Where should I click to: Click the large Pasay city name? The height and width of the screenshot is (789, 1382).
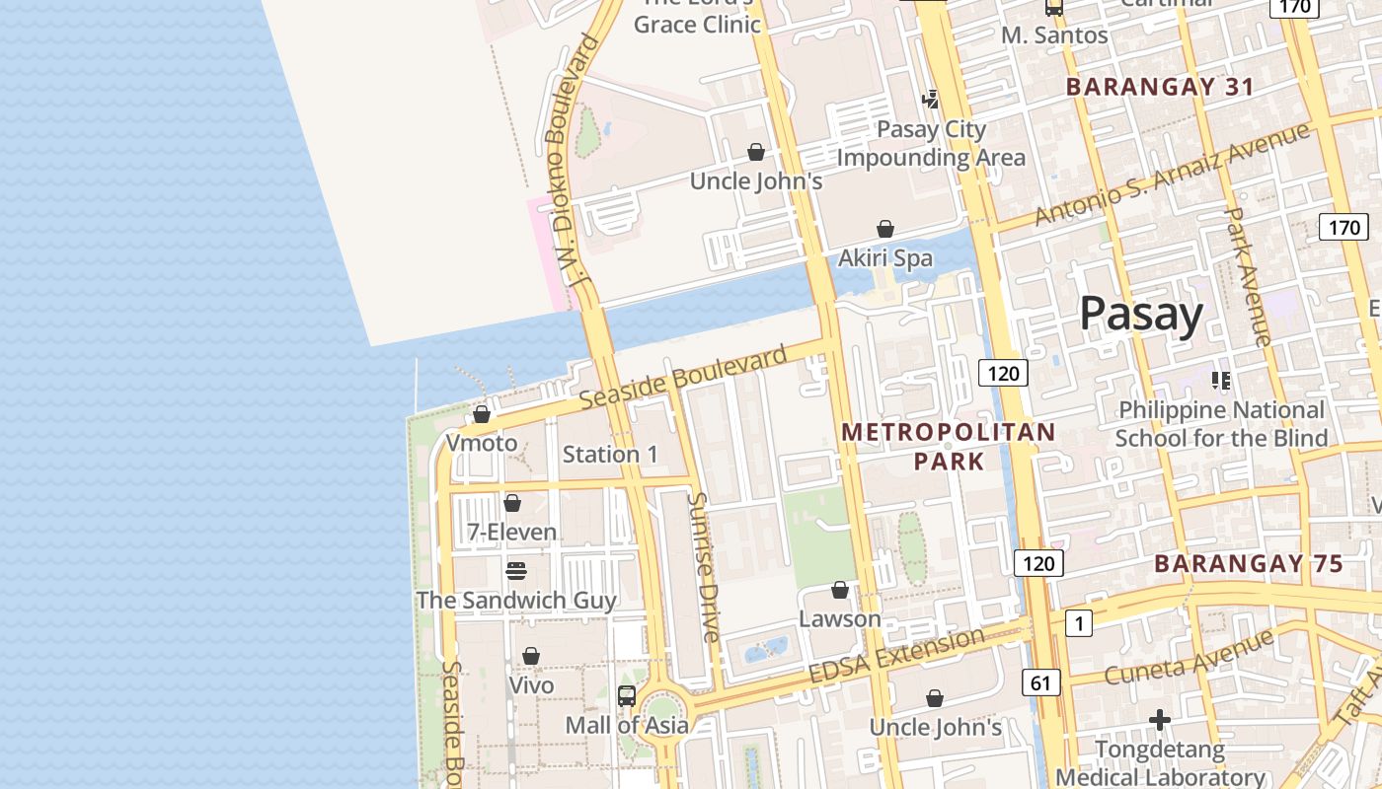click(1141, 315)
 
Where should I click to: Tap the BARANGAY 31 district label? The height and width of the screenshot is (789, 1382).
click(1160, 87)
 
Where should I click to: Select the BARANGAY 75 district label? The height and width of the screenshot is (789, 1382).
click(1249, 564)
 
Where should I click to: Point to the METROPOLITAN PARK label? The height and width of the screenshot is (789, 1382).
click(948, 446)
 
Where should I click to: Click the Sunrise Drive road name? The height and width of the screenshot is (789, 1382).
click(705, 567)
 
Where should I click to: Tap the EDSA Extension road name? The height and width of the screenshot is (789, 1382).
click(896, 655)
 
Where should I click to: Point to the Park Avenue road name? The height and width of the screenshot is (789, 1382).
click(1248, 276)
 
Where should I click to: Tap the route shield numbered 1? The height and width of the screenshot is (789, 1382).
click(1079, 623)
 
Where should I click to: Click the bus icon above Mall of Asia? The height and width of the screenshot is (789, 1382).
click(626, 695)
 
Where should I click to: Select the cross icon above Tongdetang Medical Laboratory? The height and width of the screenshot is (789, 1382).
click(1160, 720)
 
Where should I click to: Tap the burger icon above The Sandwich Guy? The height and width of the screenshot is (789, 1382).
click(515, 571)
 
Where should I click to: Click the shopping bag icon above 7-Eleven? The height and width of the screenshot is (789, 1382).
click(511, 503)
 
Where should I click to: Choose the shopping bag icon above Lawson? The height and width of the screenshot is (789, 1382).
click(839, 590)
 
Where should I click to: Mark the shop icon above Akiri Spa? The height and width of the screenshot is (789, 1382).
click(885, 229)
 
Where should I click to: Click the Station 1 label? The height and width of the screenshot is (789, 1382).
click(610, 455)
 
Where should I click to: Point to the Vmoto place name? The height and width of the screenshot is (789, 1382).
click(481, 443)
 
